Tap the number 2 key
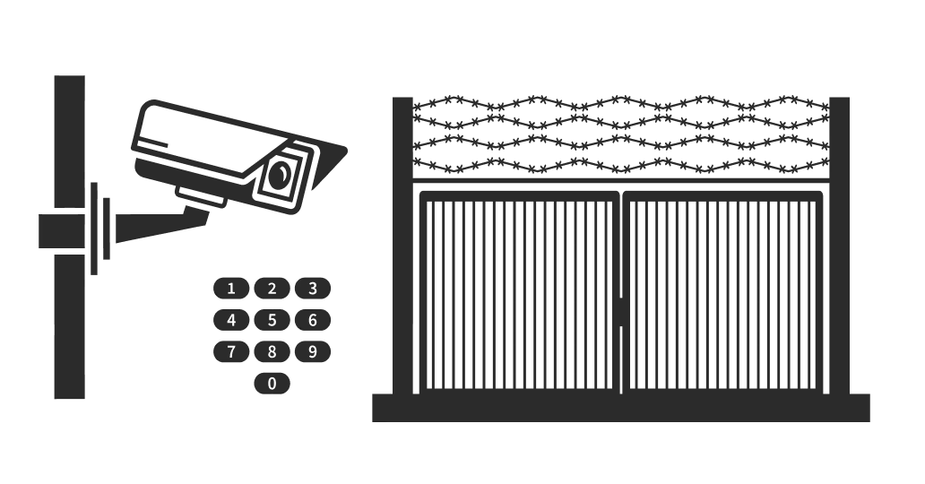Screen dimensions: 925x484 click(x=272, y=289)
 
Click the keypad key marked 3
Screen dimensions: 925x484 click(x=313, y=289)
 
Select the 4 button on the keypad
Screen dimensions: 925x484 click(x=231, y=320)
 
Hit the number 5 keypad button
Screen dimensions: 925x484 click(x=272, y=320)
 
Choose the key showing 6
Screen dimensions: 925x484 click(x=313, y=320)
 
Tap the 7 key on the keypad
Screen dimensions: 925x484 click(x=231, y=351)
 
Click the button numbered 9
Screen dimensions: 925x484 click(x=313, y=351)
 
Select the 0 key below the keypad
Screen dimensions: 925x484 click(x=272, y=384)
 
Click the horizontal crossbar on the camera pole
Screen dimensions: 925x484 click(x=62, y=230)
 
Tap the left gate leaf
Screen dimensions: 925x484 click(x=519, y=292)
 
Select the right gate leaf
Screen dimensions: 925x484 click(x=722, y=292)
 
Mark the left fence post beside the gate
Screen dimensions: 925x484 click(x=402, y=246)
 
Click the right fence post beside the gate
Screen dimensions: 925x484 click(x=840, y=246)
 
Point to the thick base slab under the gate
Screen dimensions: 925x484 click(x=620, y=408)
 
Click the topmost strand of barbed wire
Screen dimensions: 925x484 click(x=620, y=104)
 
